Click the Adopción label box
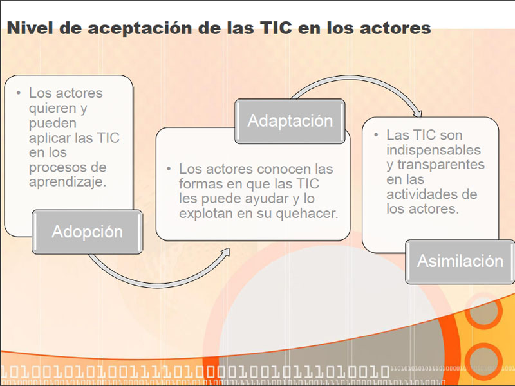click(87, 232)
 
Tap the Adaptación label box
click(290, 121)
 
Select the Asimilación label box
click(460, 262)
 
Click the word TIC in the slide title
click(276, 28)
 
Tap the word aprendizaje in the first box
click(68, 182)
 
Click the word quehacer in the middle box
click(307, 214)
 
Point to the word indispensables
click(433, 151)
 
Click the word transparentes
click(441, 165)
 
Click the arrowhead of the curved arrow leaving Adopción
click(226, 252)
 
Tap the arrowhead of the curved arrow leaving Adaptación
click(418, 114)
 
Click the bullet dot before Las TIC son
click(376, 134)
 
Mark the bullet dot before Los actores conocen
click(169, 169)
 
